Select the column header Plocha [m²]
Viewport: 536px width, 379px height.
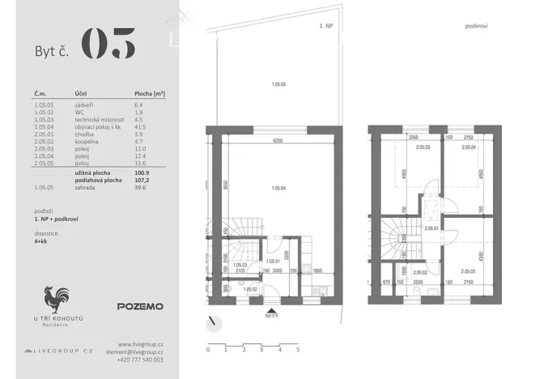coord(150,95)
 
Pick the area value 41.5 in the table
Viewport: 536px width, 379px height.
coord(141,127)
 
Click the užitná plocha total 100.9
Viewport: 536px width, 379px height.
coord(143,172)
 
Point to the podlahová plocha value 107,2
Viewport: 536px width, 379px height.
coord(143,180)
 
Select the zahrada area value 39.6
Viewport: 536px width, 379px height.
coord(141,187)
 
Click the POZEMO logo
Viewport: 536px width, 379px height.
coord(139,307)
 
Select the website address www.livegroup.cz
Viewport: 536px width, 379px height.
coord(141,344)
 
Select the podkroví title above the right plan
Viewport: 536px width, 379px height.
coord(476,26)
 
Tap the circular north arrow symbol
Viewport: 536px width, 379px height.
coord(213,323)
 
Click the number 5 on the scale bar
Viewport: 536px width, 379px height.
coord(298,350)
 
